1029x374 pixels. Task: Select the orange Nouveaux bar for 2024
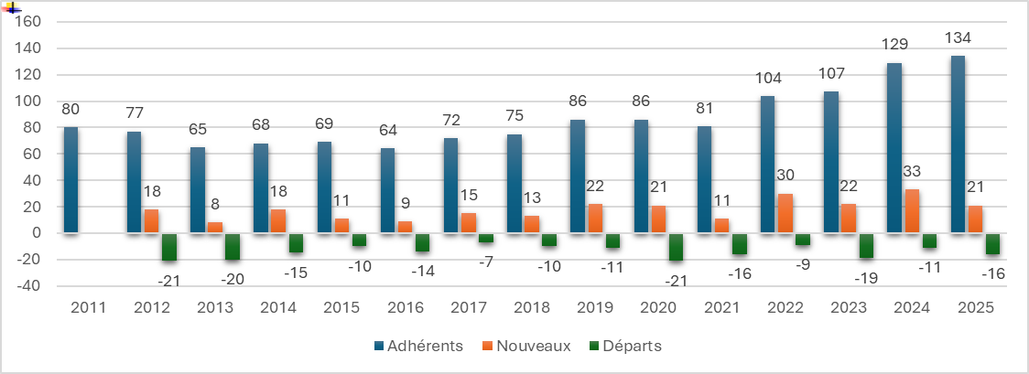[911, 211]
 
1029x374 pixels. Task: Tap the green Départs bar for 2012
[168, 247]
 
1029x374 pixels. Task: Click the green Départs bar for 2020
[676, 247]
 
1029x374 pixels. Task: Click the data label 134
[958, 38]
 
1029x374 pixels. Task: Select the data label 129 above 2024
[894, 45]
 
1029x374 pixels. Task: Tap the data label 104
[768, 79]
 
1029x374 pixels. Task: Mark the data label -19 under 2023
[866, 278]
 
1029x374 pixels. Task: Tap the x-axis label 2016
[405, 308]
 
